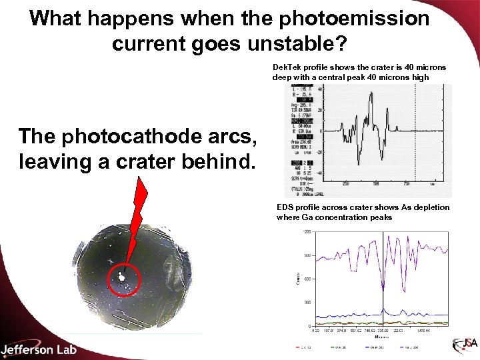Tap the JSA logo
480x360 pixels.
(x=465, y=345)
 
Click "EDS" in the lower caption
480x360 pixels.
(x=285, y=207)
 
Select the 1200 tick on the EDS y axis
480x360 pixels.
(x=308, y=232)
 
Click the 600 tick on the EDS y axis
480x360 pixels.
(x=308, y=279)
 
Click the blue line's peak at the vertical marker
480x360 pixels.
(x=383, y=308)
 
